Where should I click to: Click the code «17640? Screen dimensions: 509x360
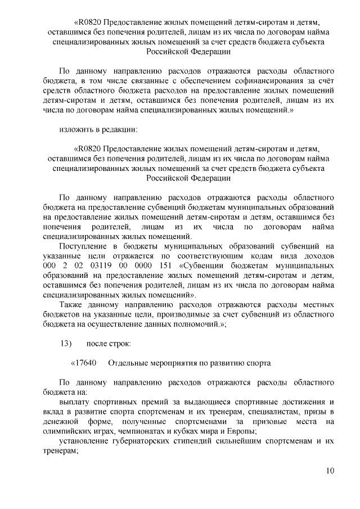point(84,363)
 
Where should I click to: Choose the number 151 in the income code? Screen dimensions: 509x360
point(166,265)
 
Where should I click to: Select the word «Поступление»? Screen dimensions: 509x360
point(84,246)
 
